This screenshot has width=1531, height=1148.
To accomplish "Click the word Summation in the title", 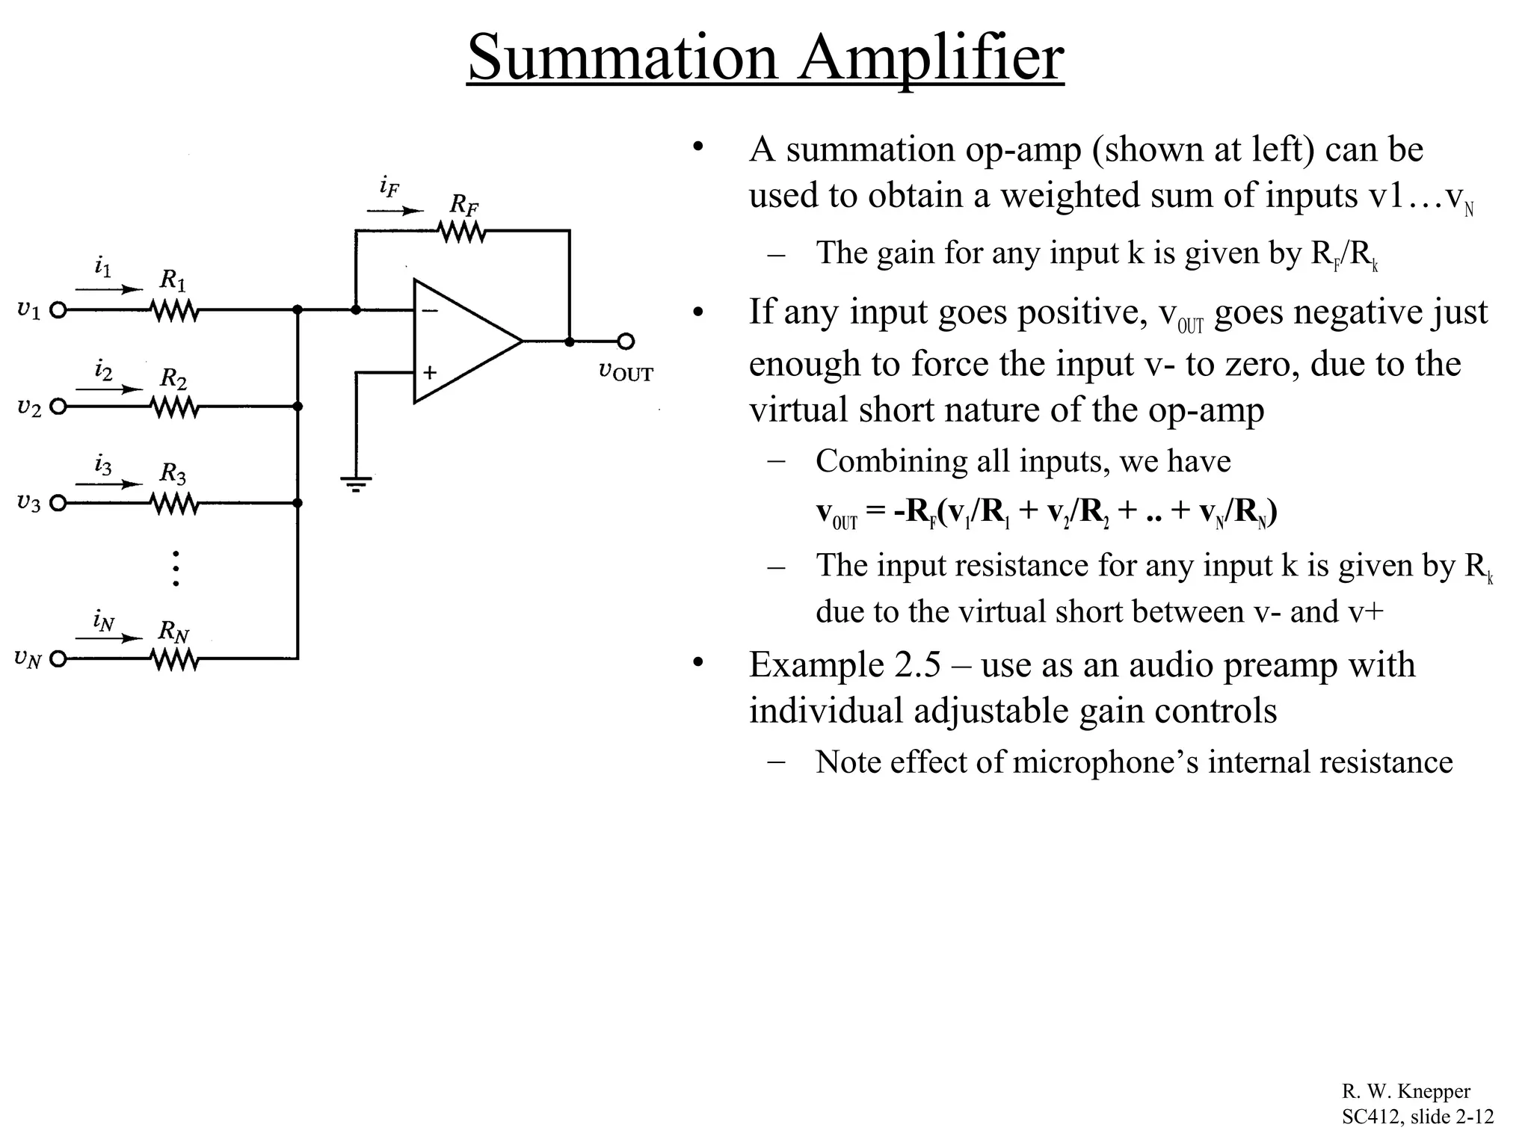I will pos(622,58).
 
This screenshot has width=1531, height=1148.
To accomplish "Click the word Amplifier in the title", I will pos(930,58).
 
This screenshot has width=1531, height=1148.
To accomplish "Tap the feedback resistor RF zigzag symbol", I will pos(463,232).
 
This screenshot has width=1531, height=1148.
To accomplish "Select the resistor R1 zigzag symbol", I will pos(174,309).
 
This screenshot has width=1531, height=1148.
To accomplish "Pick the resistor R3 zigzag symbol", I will pos(174,504).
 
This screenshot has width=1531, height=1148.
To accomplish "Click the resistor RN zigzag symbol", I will pos(174,659).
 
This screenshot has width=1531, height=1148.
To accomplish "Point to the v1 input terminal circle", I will pos(58,309).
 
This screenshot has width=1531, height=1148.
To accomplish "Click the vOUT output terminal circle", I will pos(626,342).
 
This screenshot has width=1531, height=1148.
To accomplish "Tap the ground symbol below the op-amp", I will pos(357,483).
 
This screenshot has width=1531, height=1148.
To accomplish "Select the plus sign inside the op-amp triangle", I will pos(430,372).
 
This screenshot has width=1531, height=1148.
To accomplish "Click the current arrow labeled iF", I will pos(395,212).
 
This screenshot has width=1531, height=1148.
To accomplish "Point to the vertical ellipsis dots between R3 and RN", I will pos(176,568).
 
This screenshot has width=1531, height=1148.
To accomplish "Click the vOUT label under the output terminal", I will pos(626,371).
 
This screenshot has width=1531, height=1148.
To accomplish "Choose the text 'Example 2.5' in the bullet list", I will pos(845,664).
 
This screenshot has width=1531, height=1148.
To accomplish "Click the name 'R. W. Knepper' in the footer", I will pos(1405,1092).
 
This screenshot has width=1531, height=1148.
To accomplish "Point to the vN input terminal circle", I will pos(58,659).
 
